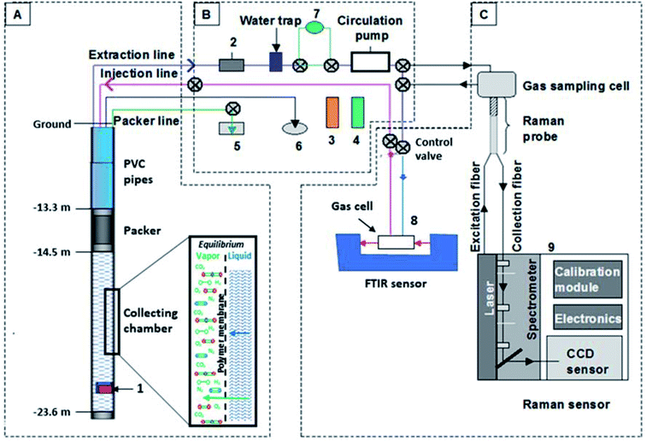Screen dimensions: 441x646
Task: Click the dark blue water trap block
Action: [x=276, y=62]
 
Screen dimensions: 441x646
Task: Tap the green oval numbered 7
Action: [x=315, y=27]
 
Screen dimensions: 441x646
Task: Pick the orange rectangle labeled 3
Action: [x=332, y=114]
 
